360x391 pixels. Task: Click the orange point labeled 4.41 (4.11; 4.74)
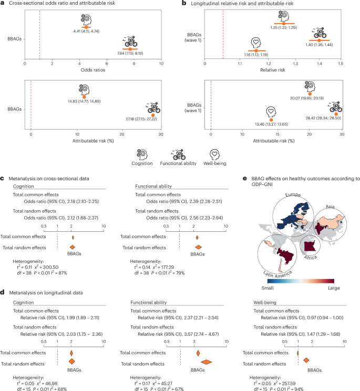click(x=86, y=27)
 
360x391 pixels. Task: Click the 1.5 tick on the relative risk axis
click(x=341, y=64)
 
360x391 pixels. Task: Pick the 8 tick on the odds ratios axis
click(x=134, y=64)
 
